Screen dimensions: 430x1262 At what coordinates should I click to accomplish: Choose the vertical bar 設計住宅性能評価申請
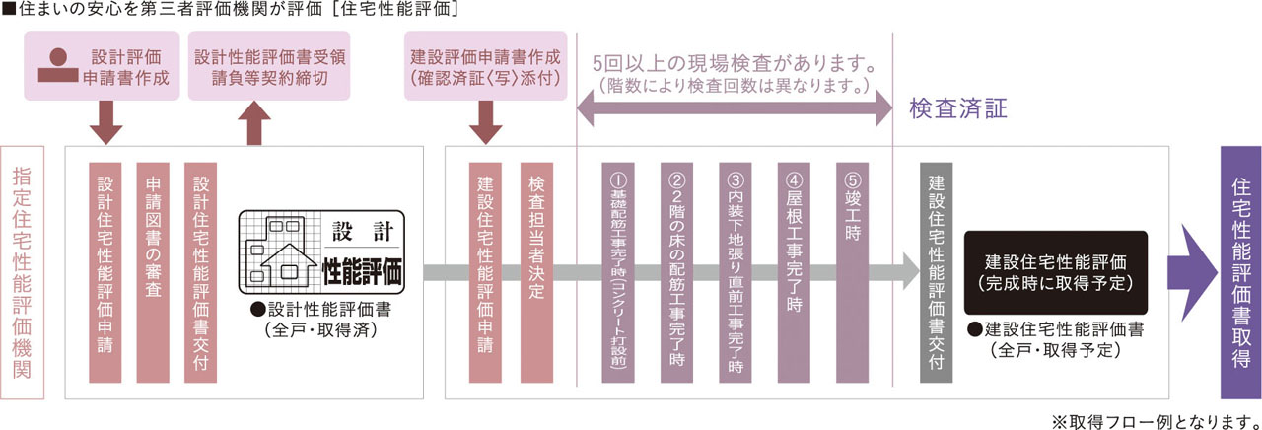point(105,271)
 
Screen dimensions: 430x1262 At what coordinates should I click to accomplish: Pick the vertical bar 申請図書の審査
point(153,271)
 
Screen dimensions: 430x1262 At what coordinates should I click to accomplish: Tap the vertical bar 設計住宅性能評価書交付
point(201,271)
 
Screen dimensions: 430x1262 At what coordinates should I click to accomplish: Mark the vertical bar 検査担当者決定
point(536,271)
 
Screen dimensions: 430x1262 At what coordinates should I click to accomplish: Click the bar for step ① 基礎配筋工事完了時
point(618,271)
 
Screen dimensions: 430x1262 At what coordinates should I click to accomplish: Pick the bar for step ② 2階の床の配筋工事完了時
point(676,271)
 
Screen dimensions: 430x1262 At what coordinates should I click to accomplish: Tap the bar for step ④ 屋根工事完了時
point(794,271)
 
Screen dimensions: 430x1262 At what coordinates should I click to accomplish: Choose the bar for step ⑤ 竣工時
point(852,271)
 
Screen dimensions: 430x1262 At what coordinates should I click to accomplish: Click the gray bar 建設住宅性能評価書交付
point(936,271)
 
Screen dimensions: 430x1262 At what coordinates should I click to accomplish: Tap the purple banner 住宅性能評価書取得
point(1239,271)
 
